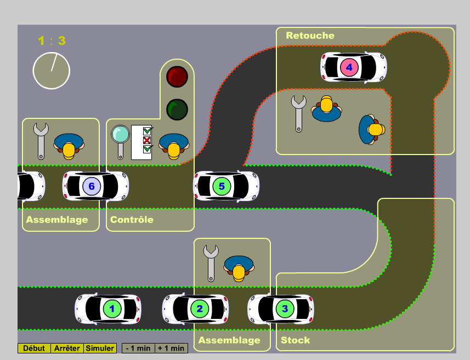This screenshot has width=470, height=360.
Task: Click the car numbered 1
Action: tap(109, 309)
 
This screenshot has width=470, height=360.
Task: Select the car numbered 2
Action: tap(196, 309)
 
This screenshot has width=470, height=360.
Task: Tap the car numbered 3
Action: tap(281, 308)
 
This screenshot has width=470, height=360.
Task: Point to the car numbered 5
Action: tap(226, 186)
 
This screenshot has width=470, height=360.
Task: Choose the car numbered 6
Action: tap(95, 186)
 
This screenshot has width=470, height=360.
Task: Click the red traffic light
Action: tap(177, 77)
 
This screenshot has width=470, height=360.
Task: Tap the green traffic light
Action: tap(177, 109)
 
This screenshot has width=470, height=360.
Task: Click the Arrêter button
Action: tap(67, 348)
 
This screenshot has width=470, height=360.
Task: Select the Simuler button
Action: tap(100, 348)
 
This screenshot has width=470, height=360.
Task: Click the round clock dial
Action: tap(52, 71)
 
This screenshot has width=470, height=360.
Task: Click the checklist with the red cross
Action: tap(141, 142)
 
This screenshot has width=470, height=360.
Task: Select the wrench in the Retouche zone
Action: tap(298, 112)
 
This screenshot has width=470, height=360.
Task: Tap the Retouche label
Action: tap(310, 36)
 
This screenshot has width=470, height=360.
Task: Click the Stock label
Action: tap(295, 340)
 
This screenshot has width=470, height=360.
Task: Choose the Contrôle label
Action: tap(132, 220)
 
